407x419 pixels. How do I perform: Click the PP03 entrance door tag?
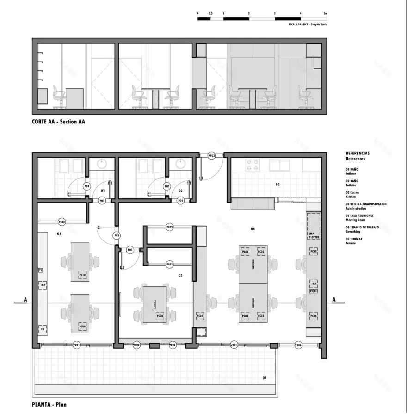pos(212,156)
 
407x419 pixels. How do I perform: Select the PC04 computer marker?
pos(261,316)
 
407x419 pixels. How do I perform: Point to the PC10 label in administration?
pos(82,274)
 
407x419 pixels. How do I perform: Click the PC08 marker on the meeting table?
pos(160,316)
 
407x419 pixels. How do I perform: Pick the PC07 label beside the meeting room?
pos(200,316)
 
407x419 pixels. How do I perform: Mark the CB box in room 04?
pos(42,329)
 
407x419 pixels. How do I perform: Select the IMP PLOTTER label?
pos(314,235)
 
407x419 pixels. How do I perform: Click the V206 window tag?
pos(299,345)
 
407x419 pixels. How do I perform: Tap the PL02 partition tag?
pos(170,227)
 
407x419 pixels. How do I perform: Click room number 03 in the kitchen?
pos(277,185)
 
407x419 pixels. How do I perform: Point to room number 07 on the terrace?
pos(265,378)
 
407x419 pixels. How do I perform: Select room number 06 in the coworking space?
pos(253,229)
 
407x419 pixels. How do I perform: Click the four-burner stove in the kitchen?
pos(252,165)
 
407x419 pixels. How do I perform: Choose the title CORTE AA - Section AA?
pos(58,123)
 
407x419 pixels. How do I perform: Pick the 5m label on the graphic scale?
pos(326,14)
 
